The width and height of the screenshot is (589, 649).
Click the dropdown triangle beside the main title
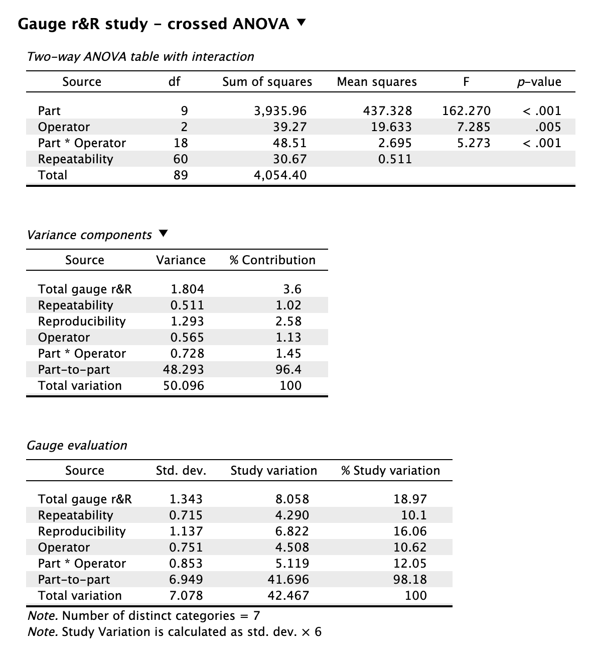point(301,23)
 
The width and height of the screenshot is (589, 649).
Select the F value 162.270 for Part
point(466,111)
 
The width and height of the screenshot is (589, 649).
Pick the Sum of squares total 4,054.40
point(280,175)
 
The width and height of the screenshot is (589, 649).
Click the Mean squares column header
point(377,82)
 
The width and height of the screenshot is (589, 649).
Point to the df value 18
point(181,143)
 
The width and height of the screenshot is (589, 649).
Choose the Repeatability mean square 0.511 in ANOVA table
point(395,159)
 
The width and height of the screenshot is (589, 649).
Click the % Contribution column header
point(272,260)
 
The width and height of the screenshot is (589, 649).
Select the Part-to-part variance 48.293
point(184,369)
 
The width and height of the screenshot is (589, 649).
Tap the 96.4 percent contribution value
point(288,369)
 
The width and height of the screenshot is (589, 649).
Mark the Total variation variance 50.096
point(184,385)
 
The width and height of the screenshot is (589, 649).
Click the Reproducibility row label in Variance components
point(82,321)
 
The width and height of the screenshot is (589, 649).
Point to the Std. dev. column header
point(181,470)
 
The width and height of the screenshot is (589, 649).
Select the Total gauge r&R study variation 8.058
point(292,499)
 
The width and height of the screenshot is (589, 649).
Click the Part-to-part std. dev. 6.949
point(186,579)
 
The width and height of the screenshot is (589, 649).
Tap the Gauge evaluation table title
point(77,445)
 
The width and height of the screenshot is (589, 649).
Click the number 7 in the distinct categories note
point(257,615)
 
